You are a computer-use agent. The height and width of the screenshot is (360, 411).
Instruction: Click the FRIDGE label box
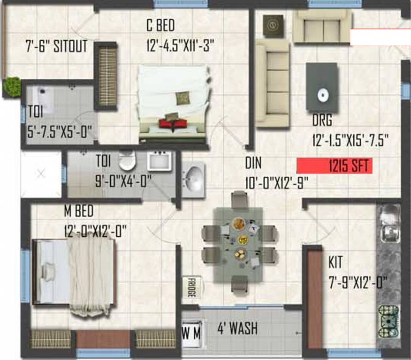(x=191, y=286)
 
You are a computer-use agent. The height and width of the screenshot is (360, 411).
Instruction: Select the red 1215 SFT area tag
(x=334, y=166)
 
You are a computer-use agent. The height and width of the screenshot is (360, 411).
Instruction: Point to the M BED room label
(x=79, y=211)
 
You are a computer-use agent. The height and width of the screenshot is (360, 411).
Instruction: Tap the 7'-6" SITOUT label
(x=56, y=47)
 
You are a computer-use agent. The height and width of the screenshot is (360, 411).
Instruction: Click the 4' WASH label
(x=236, y=328)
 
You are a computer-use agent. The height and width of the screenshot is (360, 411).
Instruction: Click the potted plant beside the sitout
(x=12, y=86)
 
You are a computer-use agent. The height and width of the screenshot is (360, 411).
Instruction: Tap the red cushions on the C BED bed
(x=173, y=123)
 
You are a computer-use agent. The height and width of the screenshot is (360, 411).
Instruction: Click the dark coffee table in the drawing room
(x=322, y=87)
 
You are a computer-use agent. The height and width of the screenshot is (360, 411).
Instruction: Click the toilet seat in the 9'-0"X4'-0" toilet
(x=126, y=161)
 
